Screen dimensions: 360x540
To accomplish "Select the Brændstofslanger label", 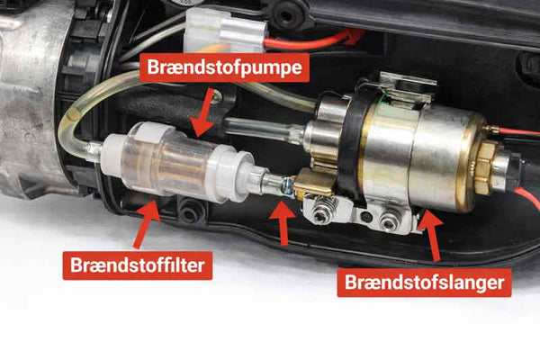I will point(426,283).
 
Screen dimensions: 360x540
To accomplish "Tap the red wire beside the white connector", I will point(315,39).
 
